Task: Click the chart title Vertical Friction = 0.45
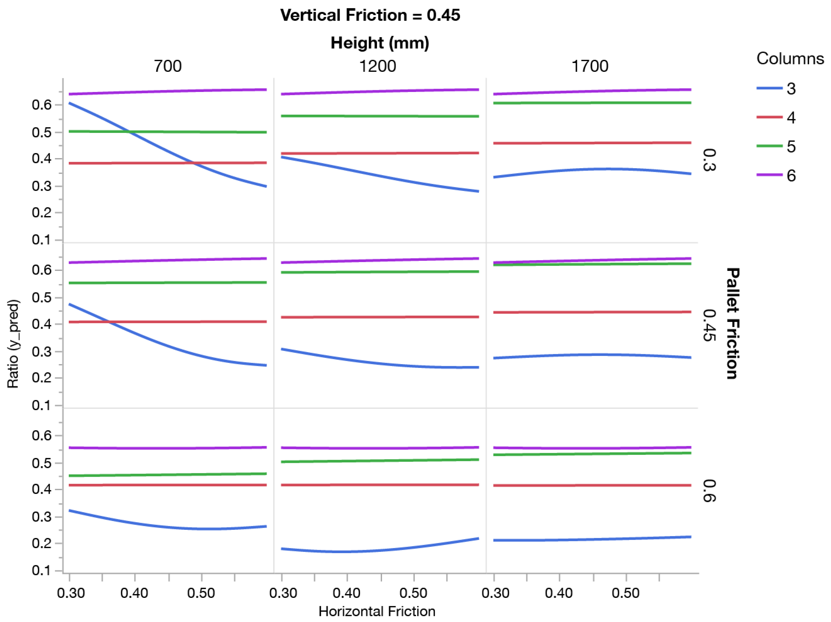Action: pyautogui.click(x=370, y=15)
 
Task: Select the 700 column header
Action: pyautogui.click(x=168, y=66)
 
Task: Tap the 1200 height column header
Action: pyautogui.click(x=378, y=66)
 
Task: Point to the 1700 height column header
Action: pyautogui.click(x=590, y=66)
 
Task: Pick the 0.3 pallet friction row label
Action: pyautogui.click(x=709, y=161)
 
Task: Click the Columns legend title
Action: pyautogui.click(x=790, y=59)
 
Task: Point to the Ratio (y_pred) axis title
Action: pyautogui.click(x=13, y=344)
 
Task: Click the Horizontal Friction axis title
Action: pyautogui.click(x=377, y=611)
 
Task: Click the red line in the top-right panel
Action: pyautogui.click(x=592, y=143)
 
